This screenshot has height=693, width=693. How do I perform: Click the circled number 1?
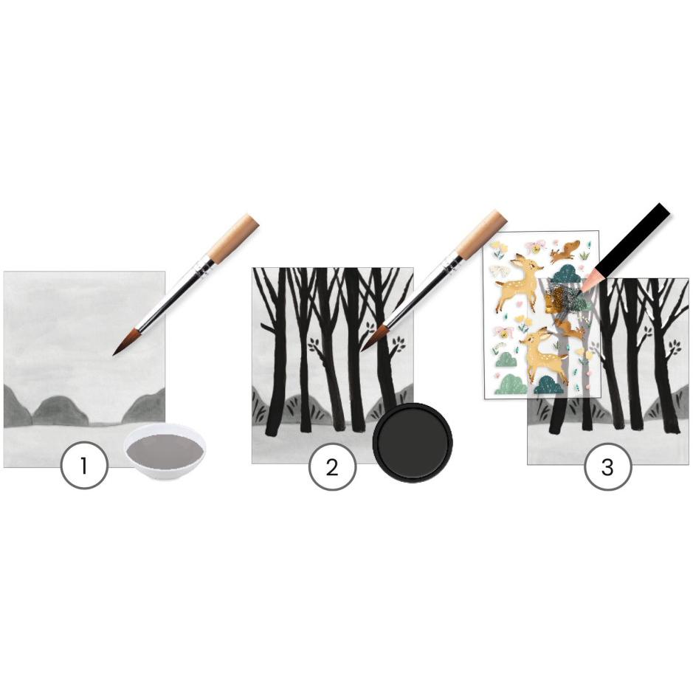[x=84, y=466]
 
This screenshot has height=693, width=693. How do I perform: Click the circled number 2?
[x=332, y=466]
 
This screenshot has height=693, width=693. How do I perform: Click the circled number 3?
[x=607, y=466]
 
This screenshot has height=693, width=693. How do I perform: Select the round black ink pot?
[x=413, y=443]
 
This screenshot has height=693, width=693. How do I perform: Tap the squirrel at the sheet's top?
[x=564, y=251]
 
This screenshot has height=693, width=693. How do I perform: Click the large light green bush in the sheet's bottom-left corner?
[x=511, y=384]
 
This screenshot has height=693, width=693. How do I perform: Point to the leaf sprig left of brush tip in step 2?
[x=317, y=343]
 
